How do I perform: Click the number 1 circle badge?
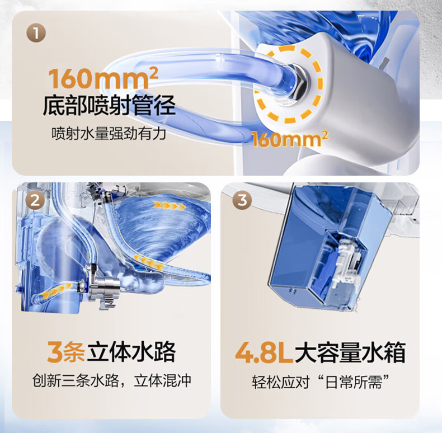tap(36, 33)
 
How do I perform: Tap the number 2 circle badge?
tap(35, 200)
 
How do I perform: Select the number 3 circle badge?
tap(242, 200)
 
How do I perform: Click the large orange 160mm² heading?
tap(103, 78)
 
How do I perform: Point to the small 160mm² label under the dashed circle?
tap(290, 139)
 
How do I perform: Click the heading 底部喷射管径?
tap(109, 105)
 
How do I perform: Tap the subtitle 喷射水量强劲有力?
tap(109, 133)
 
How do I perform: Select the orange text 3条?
tap(66, 351)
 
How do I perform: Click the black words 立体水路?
tap(131, 351)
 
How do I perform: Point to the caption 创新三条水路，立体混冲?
tap(112, 380)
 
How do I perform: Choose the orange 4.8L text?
tap(264, 352)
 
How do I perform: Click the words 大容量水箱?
tap(350, 352)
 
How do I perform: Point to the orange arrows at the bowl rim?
tap(168, 205)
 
